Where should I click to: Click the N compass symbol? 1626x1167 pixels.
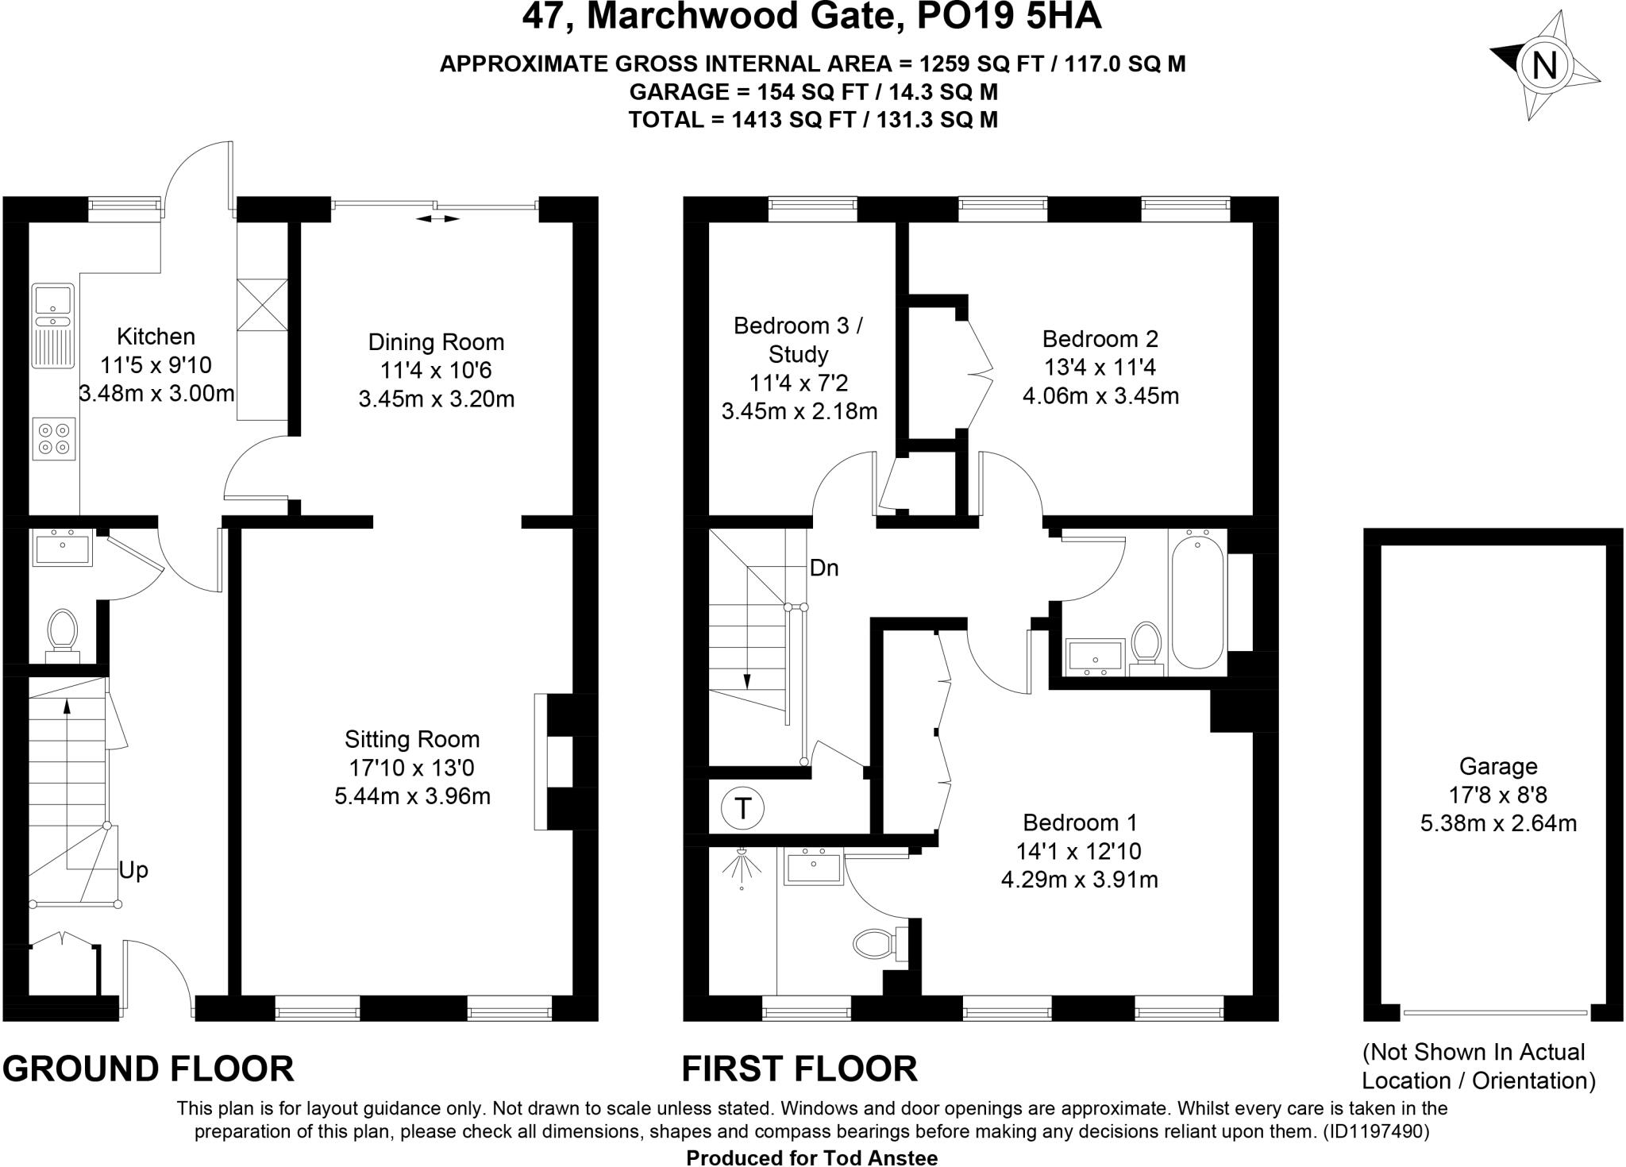(1544, 65)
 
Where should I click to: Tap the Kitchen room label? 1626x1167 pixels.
(156, 337)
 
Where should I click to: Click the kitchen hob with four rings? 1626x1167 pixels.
(54, 438)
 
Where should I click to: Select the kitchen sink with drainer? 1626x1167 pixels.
(52, 326)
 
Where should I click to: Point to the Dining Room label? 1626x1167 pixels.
(436, 342)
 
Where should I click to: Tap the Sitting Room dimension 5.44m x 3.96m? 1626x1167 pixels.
(412, 796)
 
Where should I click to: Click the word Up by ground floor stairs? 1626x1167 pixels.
(133, 870)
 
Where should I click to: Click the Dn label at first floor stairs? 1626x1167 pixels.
(824, 568)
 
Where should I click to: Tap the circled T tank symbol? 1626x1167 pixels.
(742, 809)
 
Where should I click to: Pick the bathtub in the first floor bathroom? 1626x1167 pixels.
(1197, 602)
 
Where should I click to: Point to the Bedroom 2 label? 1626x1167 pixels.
(1100, 339)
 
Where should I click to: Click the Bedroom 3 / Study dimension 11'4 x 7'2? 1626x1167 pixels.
(799, 383)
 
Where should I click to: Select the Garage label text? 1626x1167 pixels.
(1497, 766)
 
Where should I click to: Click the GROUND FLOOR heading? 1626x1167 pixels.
(148, 1069)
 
